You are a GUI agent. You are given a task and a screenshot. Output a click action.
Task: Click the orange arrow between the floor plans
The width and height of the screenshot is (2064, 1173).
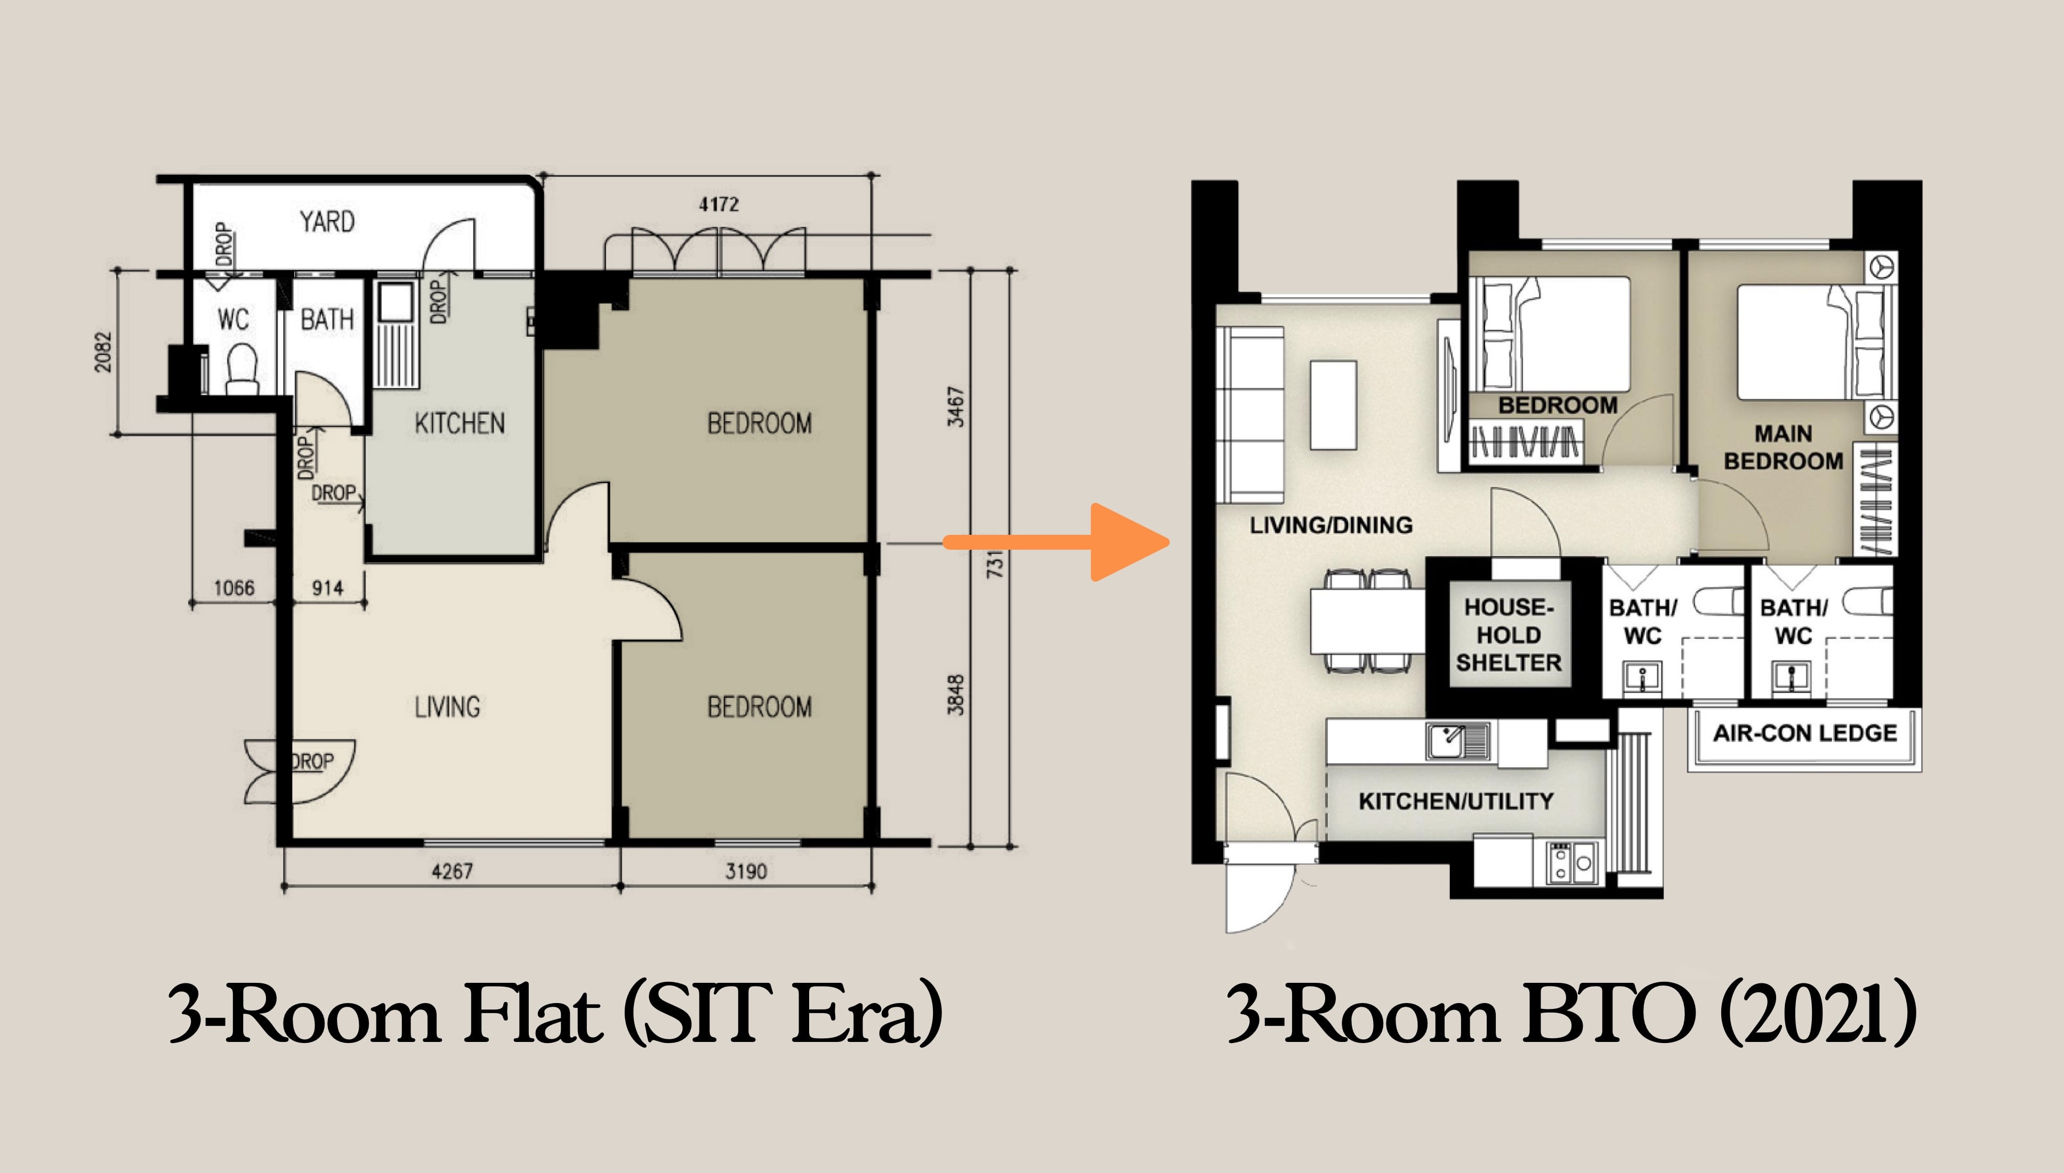click(x=1064, y=542)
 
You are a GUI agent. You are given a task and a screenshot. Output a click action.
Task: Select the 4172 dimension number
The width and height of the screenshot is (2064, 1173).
click(x=718, y=205)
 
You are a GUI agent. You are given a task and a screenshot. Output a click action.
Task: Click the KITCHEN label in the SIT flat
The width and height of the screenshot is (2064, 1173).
click(x=459, y=424)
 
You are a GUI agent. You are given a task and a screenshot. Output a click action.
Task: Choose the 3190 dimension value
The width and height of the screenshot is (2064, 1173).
click(x=746, y=871)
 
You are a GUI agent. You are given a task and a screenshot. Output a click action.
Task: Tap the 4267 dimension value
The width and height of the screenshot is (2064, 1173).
click(x=452, y=871)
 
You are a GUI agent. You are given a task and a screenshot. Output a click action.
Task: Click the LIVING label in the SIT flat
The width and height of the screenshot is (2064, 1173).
click(x=447, y=707)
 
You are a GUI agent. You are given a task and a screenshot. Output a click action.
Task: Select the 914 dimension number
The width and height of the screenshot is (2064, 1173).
click(x=327, y=588)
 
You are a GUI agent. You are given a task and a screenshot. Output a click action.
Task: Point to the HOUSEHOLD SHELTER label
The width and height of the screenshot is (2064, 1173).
click(x=1508, y=635)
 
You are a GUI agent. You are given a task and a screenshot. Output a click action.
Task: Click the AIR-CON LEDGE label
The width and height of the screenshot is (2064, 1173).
click(x=1804, y=733)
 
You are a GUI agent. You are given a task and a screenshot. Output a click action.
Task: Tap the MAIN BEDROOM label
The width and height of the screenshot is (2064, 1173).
click(x=1783, y=448)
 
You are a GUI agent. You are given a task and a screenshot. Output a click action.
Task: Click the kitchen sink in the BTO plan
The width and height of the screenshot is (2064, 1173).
click(x=1456, y=739)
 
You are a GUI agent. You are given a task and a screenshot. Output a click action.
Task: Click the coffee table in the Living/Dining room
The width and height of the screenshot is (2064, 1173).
click(x=1333, y=404)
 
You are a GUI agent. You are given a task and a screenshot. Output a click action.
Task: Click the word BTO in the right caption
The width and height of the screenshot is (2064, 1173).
click(x=1608, y=1015)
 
